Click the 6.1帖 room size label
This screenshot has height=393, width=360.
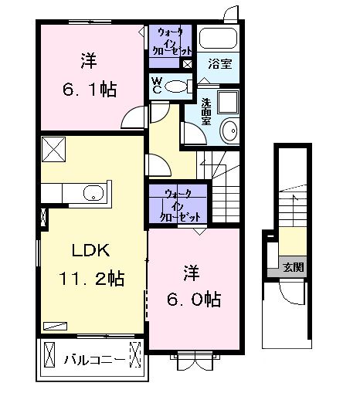tap(86, 90)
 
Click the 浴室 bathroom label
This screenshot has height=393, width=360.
tap(218, 65)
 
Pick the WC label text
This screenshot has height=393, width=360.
tap(157, 86)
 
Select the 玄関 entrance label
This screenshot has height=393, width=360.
tap(294, 268)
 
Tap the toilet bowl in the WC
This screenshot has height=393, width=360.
tap(177, 87)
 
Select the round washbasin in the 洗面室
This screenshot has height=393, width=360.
tap(229, 131)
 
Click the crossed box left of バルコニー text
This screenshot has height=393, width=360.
tap(50, 357)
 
